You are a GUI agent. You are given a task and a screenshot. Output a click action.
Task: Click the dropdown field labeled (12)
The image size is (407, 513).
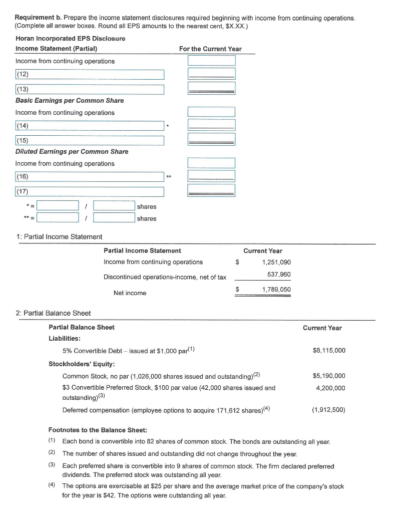90,75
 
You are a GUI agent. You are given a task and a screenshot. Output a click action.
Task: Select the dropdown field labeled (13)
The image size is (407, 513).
90,90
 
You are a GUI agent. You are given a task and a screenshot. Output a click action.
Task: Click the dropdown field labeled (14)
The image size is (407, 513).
90,126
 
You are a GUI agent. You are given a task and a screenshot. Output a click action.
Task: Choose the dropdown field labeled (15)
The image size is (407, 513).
90,141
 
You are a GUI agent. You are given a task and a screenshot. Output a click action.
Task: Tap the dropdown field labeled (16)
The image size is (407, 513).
90,177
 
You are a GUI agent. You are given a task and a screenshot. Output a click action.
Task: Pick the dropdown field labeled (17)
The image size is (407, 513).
90,192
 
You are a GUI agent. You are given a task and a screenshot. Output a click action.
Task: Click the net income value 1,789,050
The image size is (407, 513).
276,290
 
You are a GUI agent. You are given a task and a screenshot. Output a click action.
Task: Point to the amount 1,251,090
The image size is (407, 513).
276,263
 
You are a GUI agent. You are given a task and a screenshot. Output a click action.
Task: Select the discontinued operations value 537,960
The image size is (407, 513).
279,275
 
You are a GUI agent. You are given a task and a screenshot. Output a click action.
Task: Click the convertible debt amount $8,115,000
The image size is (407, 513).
328,350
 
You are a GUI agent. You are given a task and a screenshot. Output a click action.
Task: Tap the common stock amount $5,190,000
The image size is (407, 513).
328,376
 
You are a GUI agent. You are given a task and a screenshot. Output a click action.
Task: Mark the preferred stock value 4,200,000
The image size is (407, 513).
330,388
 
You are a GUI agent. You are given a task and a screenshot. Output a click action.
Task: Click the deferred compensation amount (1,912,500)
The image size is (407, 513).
328,410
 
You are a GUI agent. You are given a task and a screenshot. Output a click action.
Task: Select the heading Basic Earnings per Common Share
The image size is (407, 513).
70,101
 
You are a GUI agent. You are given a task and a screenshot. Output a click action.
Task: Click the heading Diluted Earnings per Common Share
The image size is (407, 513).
72,152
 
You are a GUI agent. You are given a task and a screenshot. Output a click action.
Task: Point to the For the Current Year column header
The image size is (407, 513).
210,49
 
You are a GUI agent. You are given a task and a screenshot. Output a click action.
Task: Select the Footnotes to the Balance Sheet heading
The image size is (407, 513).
97,430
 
